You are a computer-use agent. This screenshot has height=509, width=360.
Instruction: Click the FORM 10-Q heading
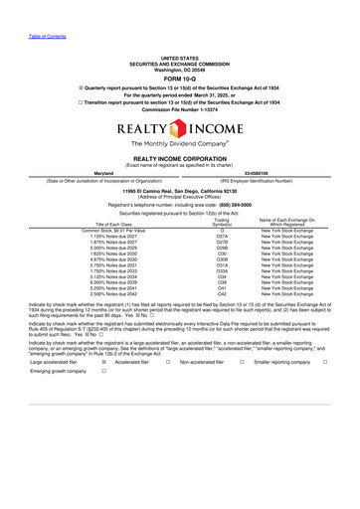[179, 80]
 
